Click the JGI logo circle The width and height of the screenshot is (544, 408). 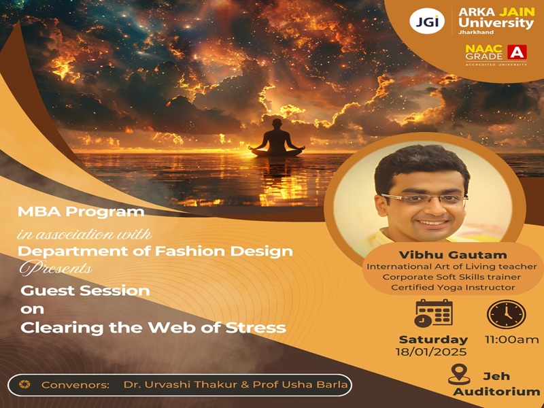click(426, 21)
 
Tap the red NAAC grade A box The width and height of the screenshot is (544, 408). click(517, 52)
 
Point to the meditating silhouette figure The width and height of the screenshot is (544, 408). click(277, 138)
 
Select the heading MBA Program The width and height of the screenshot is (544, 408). click(81, 211)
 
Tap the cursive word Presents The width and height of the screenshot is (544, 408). click(56, 268)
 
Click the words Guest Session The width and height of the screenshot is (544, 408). click(85, 290)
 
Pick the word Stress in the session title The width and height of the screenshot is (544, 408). click(256, 328)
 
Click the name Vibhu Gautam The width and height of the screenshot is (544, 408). click(453, 255)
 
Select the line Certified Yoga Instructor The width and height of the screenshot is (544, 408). click(453, 287)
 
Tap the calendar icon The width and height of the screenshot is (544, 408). click(434, 313)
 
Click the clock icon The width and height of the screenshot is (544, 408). click(507, 314)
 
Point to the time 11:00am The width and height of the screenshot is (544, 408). click(512, 339)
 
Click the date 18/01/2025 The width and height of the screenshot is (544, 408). click(431, 352)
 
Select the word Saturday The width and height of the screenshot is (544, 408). click(433, 339)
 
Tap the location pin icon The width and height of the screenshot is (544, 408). click(459, 375)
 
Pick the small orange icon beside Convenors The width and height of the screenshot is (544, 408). click(24, 384)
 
